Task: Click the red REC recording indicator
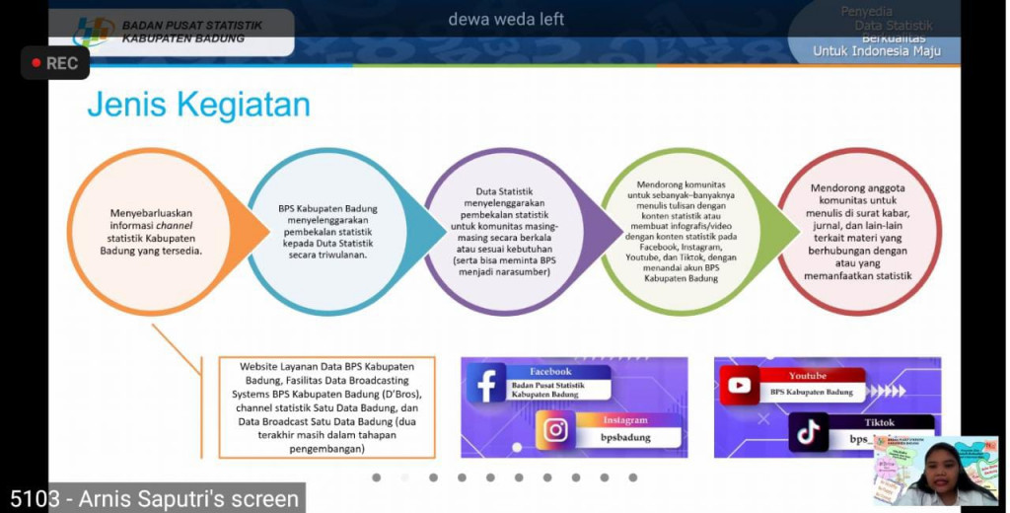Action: click(x=54, y=63)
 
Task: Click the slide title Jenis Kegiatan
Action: click(x=198, y=105)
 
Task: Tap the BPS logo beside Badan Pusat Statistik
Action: click(x=94, y=31)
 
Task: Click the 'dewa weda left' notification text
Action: click(x=506, y=19)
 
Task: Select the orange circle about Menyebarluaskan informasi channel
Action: click(x=151, y=231)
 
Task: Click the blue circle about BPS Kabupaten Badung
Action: click(x=326, y=231)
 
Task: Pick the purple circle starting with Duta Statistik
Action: click(x=503, y=231)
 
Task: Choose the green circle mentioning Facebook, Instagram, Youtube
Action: click(x=679, y=231)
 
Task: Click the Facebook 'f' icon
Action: click(x=486, y=383)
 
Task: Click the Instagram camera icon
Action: click(x=556, y=430)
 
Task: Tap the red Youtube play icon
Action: click(x=739, y=385)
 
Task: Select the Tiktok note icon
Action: click(x=809, y=431)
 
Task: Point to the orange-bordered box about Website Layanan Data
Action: click(x=326, y=407)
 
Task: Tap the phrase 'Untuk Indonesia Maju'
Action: click(x=876, y=51)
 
